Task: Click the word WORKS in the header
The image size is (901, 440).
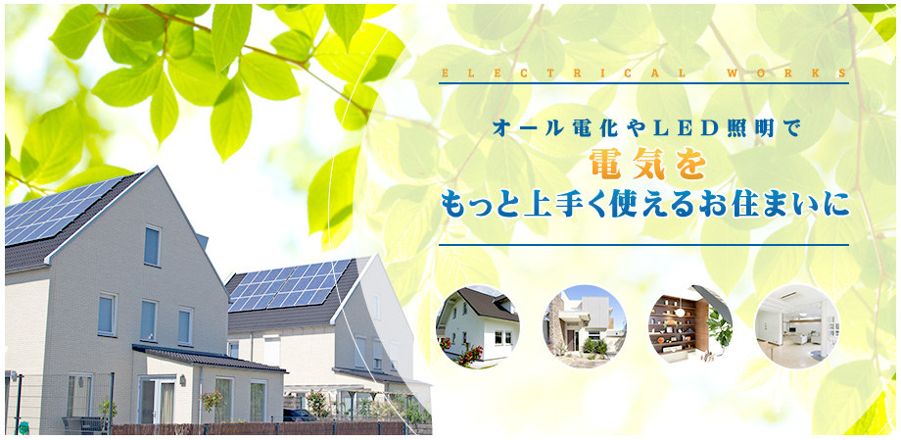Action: [x=786, y=73]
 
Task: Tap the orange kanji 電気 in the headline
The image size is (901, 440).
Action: [x=628, y=165]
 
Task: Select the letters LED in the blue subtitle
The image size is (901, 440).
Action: [x=676, y=128]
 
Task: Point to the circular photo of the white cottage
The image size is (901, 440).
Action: [x=478, y=326]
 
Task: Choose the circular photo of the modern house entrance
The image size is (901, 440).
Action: [x=585, y=326]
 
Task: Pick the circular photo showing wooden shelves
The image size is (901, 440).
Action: [x=690, y=326]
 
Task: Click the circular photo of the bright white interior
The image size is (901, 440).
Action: [x=797, y=326]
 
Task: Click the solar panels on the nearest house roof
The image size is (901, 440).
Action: [x=58, y=211]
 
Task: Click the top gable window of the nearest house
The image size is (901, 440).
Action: [x=152, y=246]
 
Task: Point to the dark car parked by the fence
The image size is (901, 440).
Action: [x=300, y=416]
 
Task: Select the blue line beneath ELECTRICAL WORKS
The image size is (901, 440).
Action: [x=643, y=83]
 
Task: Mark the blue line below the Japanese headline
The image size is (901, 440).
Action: [x=643, y=245]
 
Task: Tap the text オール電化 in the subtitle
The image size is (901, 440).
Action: [x=536, y=128]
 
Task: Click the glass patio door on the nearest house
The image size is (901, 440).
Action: [x=157, y=401]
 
